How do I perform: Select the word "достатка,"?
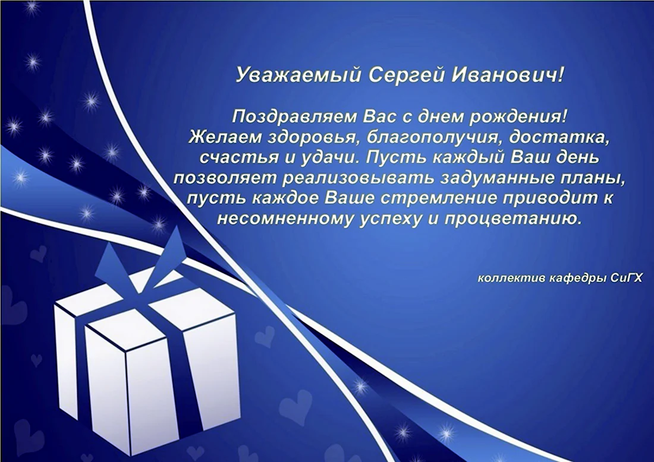(558, 137)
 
